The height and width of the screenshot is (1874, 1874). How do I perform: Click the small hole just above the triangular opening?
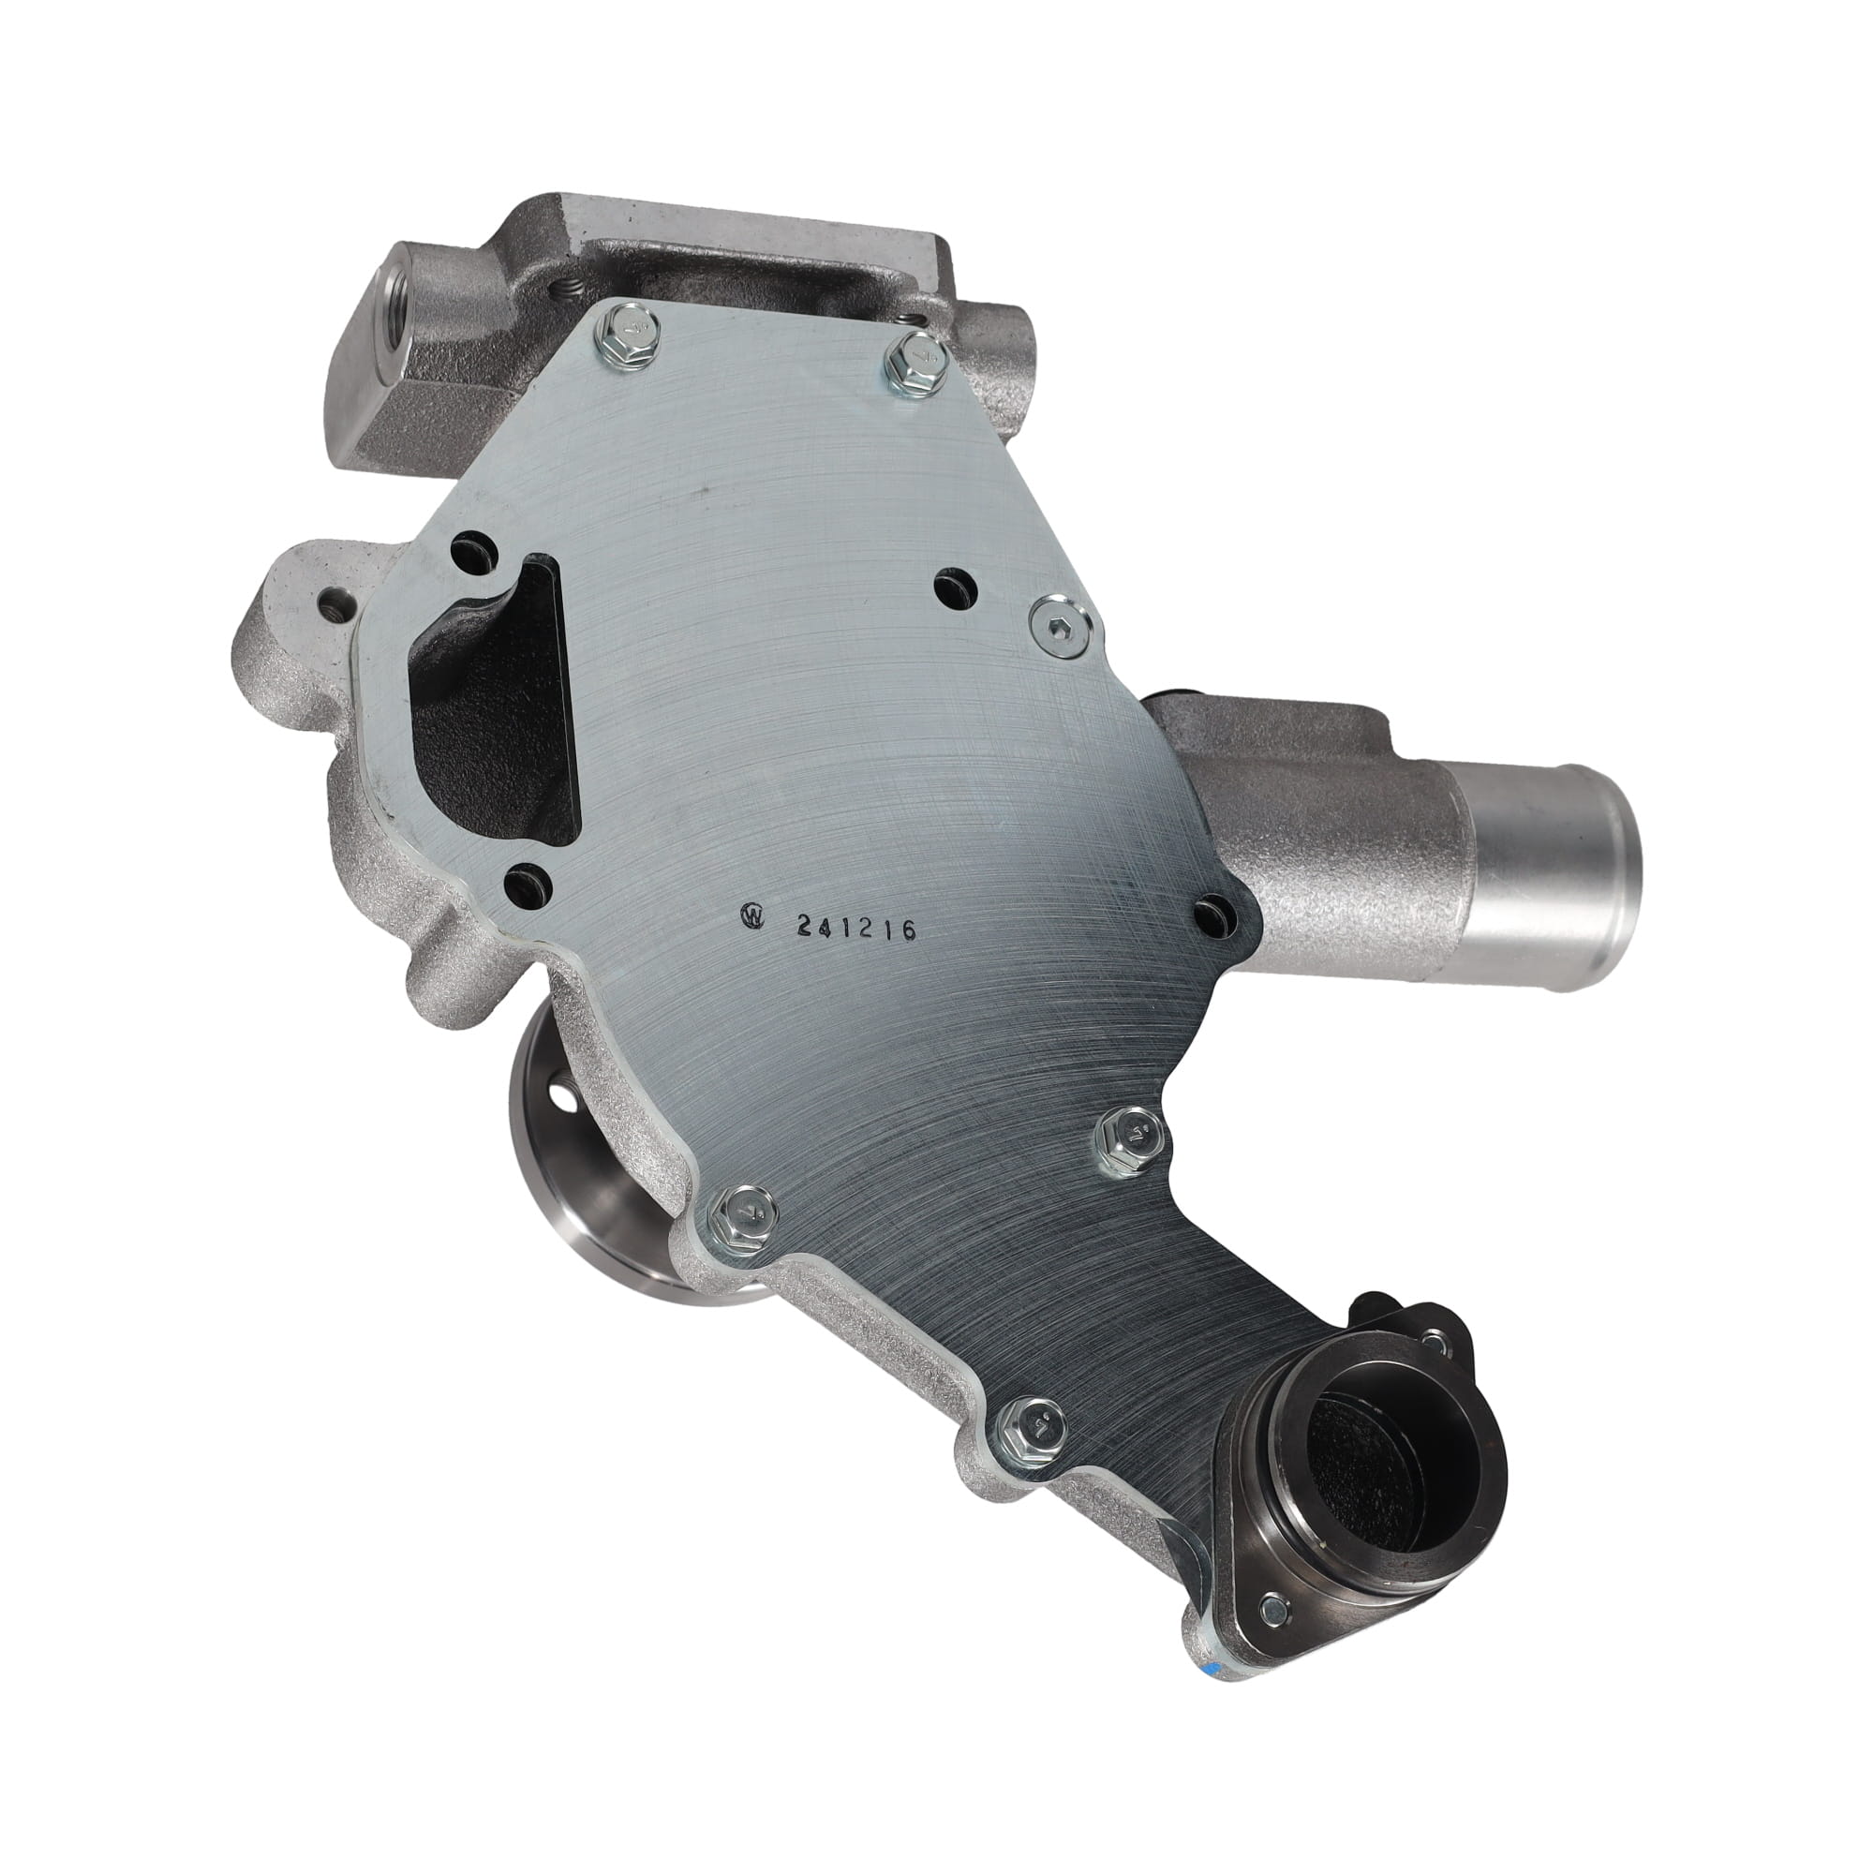coord(473,547)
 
